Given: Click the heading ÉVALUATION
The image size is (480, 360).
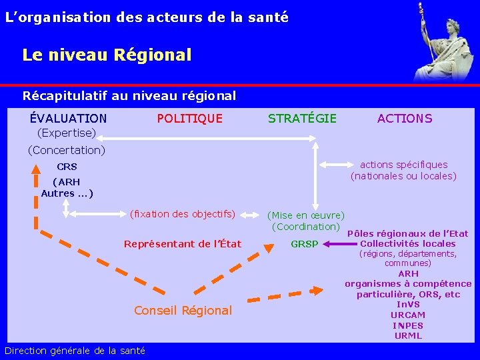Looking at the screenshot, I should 68,119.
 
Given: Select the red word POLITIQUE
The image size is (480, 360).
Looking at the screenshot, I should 189,119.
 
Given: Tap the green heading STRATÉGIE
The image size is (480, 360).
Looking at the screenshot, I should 302,119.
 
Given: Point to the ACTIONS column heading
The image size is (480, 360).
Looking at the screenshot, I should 405,119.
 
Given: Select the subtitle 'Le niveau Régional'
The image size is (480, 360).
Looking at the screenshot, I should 107,55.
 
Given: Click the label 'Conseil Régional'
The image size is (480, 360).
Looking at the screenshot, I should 183,310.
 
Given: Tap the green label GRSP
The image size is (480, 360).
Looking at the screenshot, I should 305,244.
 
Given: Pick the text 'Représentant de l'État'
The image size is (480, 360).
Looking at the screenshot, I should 183,244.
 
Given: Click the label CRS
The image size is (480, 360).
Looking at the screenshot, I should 67,167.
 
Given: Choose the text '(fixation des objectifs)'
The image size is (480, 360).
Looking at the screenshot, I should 183,214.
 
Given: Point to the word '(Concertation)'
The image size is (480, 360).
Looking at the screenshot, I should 66,150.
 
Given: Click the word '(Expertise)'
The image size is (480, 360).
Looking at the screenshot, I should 66,133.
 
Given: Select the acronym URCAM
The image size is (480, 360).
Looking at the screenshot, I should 408,315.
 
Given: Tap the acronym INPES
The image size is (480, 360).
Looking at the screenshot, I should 408,325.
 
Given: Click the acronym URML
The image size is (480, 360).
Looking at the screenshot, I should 408,336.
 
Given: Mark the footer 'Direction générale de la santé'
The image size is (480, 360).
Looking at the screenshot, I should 75,351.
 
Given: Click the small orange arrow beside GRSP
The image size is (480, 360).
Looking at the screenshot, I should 331,245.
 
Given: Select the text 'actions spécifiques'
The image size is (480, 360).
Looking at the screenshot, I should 404,165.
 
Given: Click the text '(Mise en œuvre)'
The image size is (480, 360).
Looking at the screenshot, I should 306,215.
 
